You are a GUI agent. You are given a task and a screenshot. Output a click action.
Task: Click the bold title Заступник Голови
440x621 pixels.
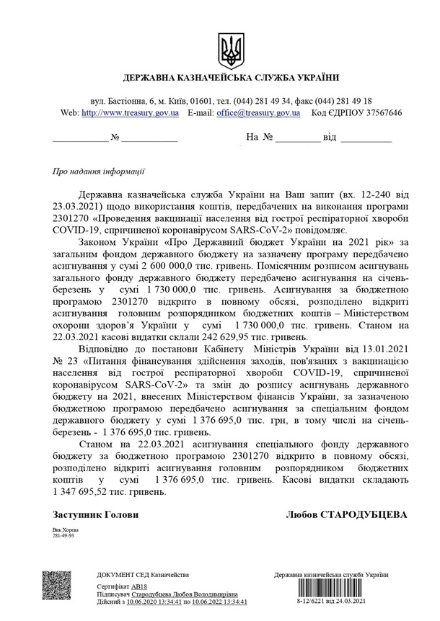(95, 515)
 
